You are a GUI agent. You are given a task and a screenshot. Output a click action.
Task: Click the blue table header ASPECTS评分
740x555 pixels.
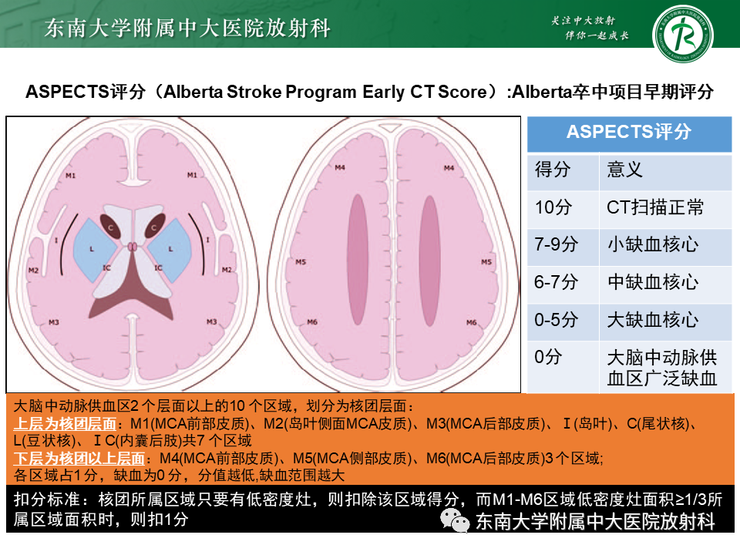[x=629, y=132]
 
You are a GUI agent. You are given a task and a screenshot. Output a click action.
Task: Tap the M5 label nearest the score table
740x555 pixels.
[x=486, y=263]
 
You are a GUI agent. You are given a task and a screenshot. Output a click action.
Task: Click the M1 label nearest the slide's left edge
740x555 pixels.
[x=71, y=176]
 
